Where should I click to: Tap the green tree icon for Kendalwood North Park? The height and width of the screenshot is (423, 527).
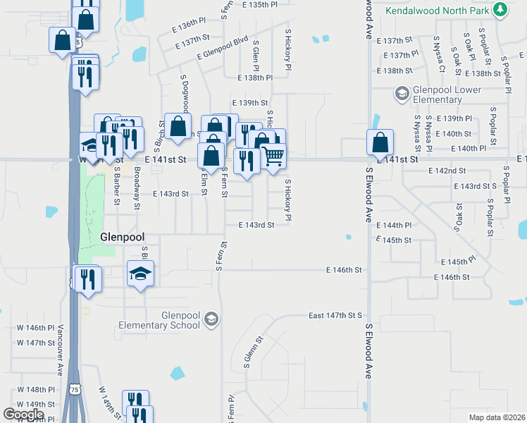(x=500, y=10)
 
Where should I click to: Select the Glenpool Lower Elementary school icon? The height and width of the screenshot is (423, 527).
(x=402, y=94)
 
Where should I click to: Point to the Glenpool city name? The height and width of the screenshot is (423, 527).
(x=123, y=237)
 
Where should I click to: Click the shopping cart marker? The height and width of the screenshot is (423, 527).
(x=273, y=156)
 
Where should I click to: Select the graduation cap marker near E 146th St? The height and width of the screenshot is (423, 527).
(x=140, y=274)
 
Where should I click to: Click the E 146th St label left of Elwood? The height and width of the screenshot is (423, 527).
(x=344, y=270)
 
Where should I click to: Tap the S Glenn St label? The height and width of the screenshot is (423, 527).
(x=253, y=352)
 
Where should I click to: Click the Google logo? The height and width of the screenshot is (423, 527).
(x=23, y=415)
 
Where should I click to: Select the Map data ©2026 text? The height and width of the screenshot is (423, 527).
(x=496, y=417)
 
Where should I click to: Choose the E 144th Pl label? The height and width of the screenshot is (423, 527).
(x=413, y=226)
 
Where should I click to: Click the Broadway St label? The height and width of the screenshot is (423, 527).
(x=137, y=198)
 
